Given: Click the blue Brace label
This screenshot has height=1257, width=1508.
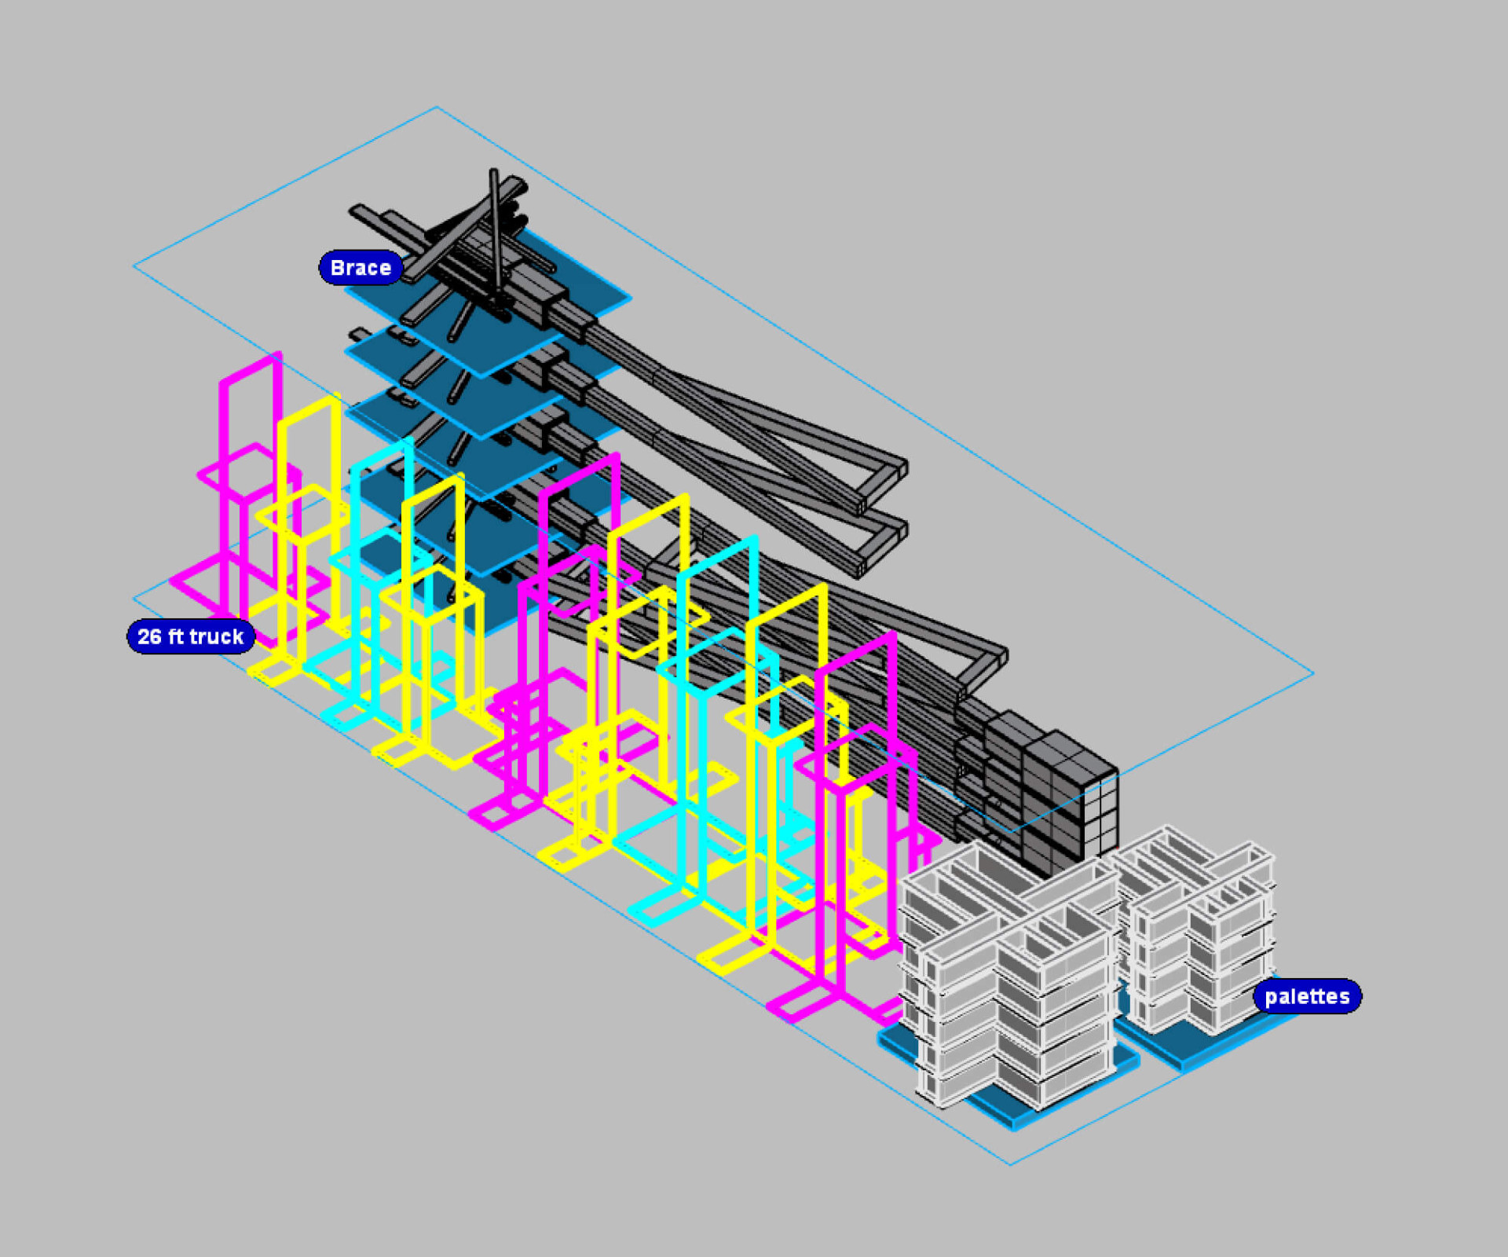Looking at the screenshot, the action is click(x=361, y=268).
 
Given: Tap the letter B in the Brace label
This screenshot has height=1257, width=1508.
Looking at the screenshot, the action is click(x=337, y=268).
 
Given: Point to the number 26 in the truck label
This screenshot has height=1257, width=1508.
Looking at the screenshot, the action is click(x=149, y=636).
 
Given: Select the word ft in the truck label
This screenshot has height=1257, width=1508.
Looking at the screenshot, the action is click(x=175, y=636).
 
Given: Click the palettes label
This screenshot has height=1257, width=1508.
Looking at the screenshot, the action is click(x=1307, y=996).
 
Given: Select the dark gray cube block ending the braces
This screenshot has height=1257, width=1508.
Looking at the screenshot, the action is click(x=1052, y=793).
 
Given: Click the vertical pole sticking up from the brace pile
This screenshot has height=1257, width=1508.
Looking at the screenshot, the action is click(x=496, y=232).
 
